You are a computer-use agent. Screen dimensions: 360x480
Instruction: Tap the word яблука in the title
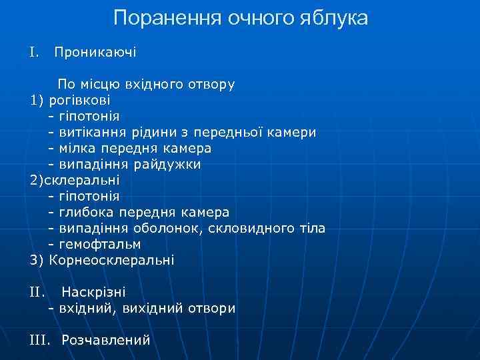pyautogui.click(x=335, y=18)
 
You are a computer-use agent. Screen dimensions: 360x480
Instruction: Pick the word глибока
pyautogui.click(x=88, y=212)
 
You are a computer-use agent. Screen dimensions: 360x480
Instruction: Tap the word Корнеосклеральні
pyautogui.click(x=111, y=260)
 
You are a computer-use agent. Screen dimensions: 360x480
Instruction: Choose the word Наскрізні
pyautogui.click(x=93, y=292)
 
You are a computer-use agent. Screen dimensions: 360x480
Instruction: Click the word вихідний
pyautogui.click(x=149, y=308)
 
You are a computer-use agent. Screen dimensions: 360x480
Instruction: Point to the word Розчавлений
pyautogui.click(x=105, y=340)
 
